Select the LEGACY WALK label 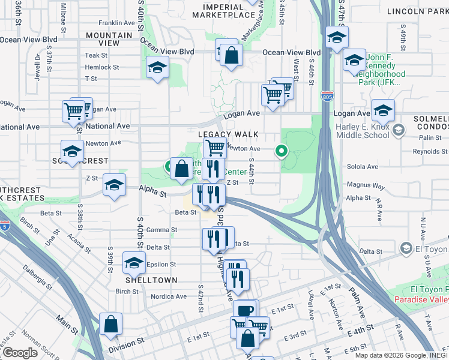(228, 134)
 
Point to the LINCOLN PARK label (422, 11)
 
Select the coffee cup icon (244, 310)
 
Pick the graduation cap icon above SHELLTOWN (134, 262)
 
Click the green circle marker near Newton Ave (280, 151)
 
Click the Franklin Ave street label (116, 23)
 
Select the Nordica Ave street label (169, 296)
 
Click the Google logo (20, 353)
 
